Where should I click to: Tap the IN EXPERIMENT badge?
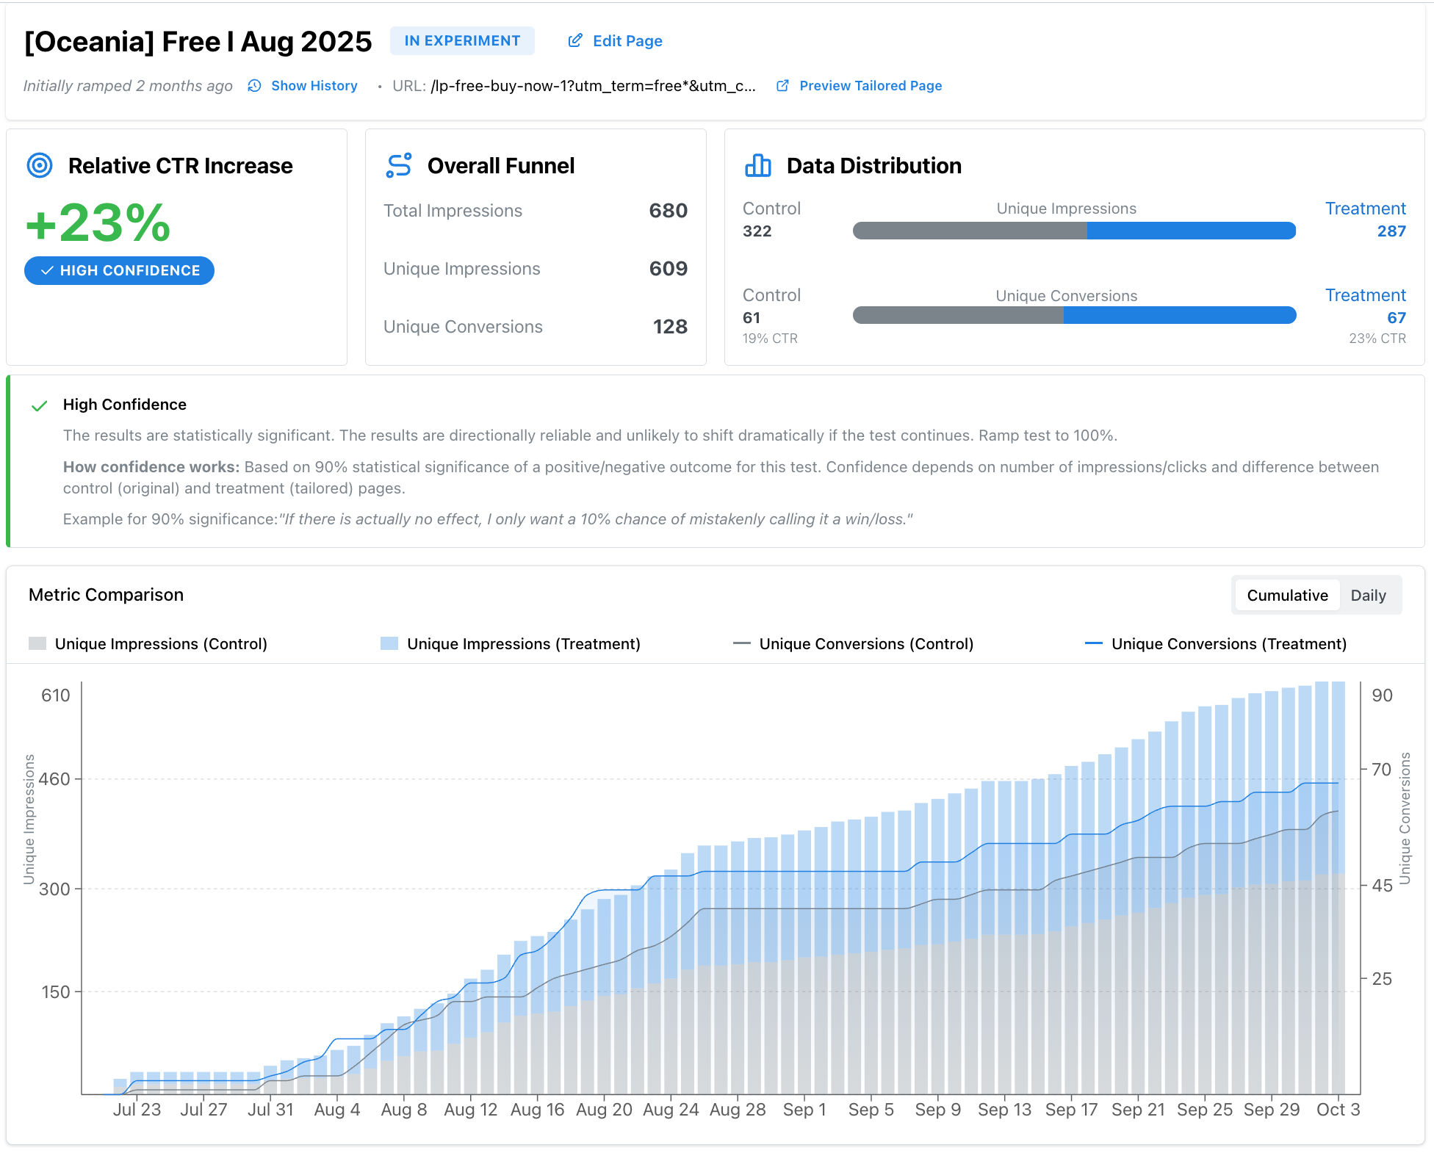click(462, 41)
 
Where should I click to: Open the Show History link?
click(314, 86)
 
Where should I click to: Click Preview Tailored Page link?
click(870, 86)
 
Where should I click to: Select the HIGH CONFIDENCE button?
click(120, 270)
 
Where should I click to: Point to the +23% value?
click(98, 223)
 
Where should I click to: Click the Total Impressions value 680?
click(668, 211)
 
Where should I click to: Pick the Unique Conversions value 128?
click(669, 327)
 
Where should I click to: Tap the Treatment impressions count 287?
click(1391, 231)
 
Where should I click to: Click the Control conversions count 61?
click(752, 318)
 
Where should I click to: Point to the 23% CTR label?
click(1377, 339)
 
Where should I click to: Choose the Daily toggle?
click(1368, 596)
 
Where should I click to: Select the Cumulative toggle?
click(1287, 596)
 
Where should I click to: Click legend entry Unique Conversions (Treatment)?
click(1228, 644)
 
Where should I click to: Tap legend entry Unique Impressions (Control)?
click(160, 644)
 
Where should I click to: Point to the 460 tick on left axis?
click(55, 779)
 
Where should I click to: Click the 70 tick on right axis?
click(1381, 770)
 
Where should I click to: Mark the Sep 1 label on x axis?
click(804, 1110)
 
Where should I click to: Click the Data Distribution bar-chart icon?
click(757, 166)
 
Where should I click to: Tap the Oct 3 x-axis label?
click(1338, 1110)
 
